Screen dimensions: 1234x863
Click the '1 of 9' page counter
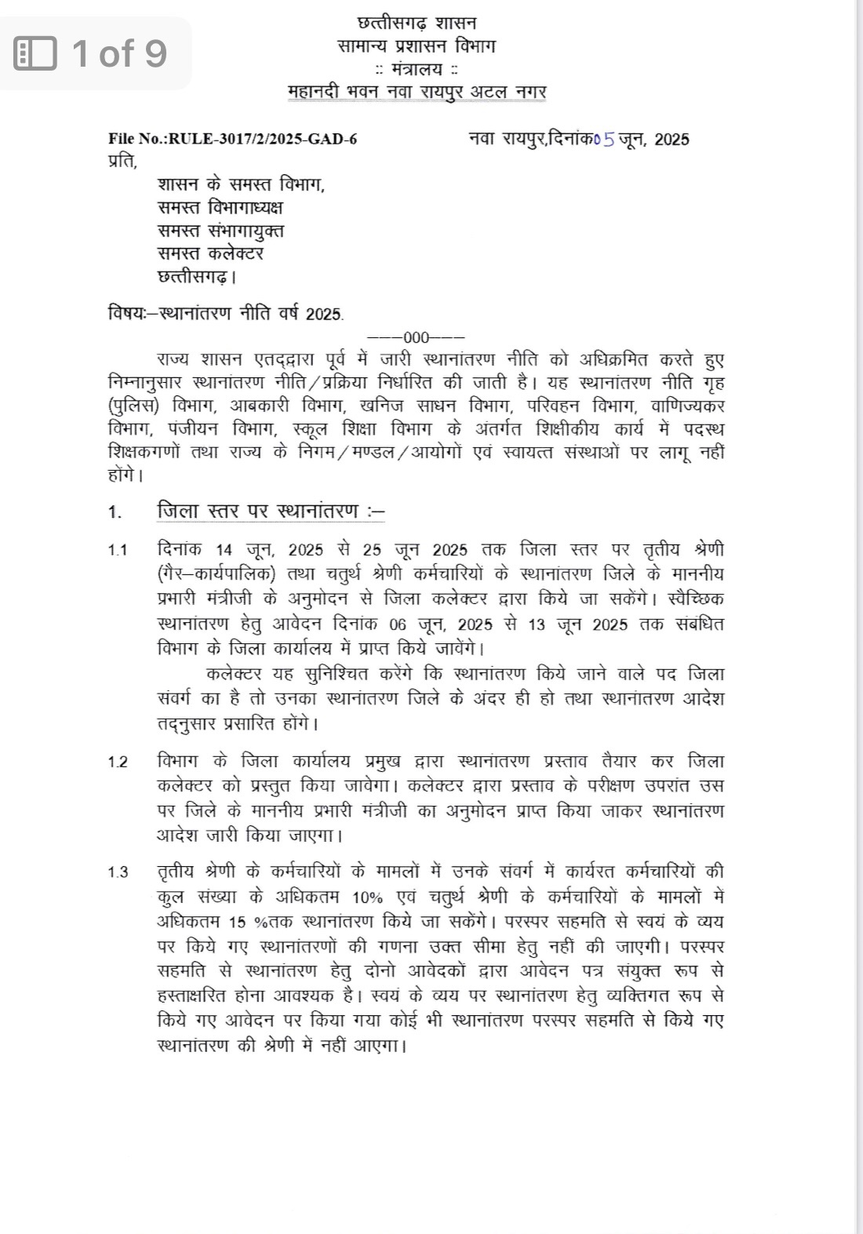[x=119, y=53]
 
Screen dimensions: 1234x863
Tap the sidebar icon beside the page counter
[x=36, y=53]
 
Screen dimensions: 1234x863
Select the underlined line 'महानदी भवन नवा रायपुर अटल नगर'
[x=417, y=92]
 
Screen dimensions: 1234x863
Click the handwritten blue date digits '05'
[x=604, y=140]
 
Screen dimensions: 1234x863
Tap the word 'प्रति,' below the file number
[x=122, y=162]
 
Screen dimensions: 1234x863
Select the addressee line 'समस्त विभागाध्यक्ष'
[x=220, y=208]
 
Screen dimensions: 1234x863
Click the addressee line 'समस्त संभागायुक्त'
[x=221, y=231]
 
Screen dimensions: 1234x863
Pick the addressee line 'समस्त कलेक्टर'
[x=210, y=253]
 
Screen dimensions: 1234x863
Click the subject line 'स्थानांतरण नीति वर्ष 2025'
[x=251, y=314]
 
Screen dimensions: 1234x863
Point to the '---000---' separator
[x=416, y=338]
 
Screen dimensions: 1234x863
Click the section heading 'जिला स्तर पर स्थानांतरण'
[x=271, y=512]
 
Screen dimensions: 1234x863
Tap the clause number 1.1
[x=118, y=550]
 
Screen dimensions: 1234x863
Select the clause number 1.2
[x=118, y=763]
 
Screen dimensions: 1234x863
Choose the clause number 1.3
[x=118, y=872]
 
